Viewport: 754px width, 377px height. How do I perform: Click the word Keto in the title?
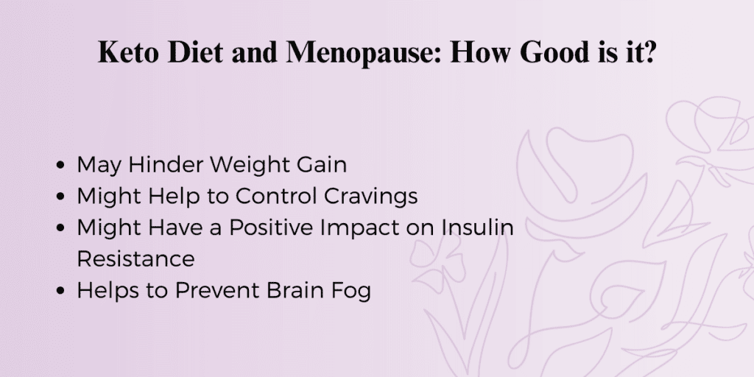(128, 52)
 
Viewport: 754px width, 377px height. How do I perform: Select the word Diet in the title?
(196, 52)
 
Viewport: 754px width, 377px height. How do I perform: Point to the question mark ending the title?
(649, 52)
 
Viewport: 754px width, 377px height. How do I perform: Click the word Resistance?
(135, 258)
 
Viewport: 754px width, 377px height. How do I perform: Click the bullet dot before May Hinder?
(60, 166)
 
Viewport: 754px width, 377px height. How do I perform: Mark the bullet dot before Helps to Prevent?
(60, 291)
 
